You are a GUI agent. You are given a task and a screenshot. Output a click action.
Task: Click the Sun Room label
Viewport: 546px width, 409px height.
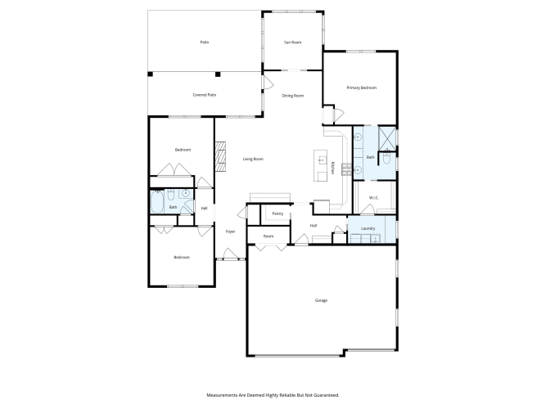pyautogui.click(x=292, y=43)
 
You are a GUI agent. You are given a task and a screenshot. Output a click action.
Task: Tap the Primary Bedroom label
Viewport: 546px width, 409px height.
pyautogui.click(x=362, y=88)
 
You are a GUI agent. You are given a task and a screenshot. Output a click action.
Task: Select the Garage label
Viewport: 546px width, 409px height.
pyautogui.click(x=321, y=300)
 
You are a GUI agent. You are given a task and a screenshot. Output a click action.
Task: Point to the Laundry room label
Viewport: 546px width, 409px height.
pyautogui.click(x=368, y=228)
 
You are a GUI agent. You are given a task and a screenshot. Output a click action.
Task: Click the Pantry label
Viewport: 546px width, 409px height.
pyautogui.click(x=278, y=213)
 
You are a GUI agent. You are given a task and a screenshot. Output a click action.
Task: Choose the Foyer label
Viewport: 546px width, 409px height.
pyautogui.click(x=230, y=231)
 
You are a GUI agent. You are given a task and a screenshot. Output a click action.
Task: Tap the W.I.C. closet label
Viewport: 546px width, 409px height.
pyautogui.click(x=373, y=198)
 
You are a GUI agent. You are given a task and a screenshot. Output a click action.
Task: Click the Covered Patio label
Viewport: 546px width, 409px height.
pyautogui.click(x=205, y=95)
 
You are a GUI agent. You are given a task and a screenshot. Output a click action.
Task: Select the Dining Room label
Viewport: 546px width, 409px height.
pyautogui.click(x=293, y=96)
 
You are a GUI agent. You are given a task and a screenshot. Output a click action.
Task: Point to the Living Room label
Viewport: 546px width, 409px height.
pyautogui.click(x=253, y=159)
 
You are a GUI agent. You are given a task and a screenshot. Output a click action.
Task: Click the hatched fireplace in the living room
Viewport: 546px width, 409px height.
pyautogui.click(x=220, y=156)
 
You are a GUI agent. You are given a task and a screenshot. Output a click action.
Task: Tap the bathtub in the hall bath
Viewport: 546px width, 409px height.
pyautogui.click(x=157, y=201)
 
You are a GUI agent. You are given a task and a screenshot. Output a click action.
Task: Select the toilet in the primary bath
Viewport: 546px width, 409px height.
pyautogui.click(x=387, y=158)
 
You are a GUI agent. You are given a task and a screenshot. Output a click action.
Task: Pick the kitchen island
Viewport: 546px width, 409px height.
pyautogui.click(x=320, y=166)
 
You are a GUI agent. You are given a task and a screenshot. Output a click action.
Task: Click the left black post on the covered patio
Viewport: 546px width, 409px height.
pyautogui.click(x=150, y=74)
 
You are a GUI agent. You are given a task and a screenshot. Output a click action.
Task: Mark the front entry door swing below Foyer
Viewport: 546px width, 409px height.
pyautogui.click(x=230, y=254)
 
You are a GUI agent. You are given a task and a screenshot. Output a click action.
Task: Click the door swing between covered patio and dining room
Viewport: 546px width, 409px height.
pyautogui.click(x=268, y=82)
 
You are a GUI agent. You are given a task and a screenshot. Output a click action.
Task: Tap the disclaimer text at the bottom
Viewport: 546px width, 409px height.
pyautogui.click(x=273, y=395)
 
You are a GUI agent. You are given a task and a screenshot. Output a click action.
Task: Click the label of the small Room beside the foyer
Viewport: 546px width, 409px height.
pyautogui.click(x=268, y=236)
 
